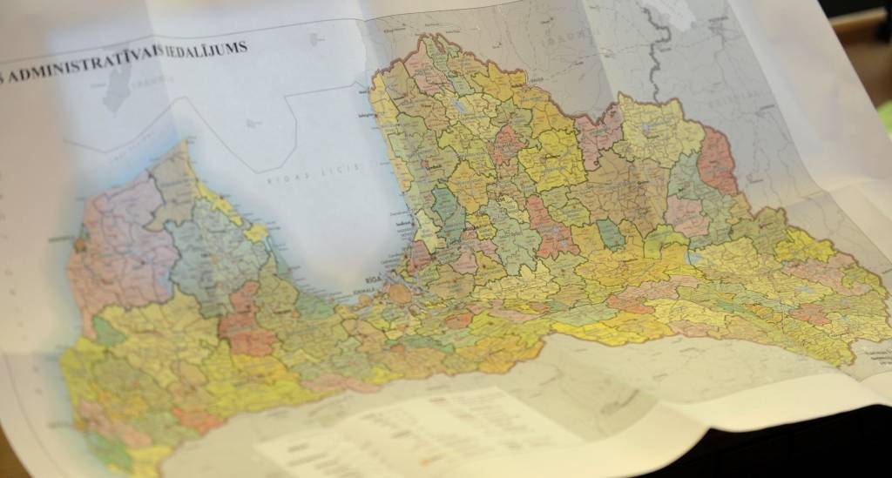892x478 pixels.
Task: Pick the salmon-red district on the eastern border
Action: pos(717,161)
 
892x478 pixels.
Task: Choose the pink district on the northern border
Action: pos(599,131)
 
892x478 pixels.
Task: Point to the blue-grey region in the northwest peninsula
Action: pos(209,252)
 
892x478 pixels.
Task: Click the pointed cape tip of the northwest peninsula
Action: pos(184,145)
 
